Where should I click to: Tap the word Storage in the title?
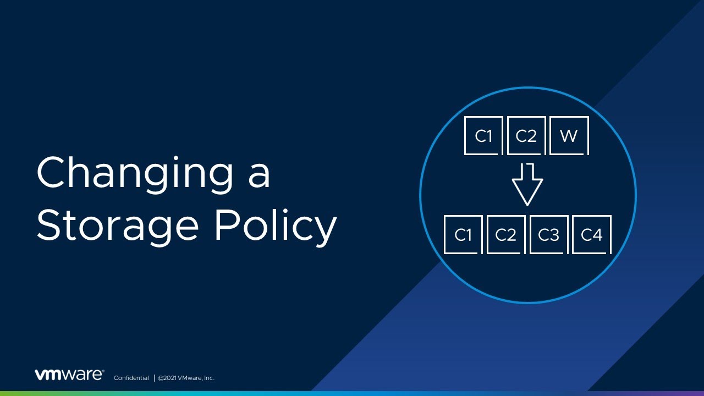pyautogui.click(x=117, y=226)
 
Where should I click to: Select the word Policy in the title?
pyautogui.click(x=275, y=226)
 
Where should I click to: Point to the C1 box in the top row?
pyautogui.click(x=483, y=136)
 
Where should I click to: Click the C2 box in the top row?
pyautogui.click(x=526, y=136)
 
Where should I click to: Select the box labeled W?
pyautogui.click(x=569, y=136)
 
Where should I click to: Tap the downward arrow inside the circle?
pyautogui.click(x=527, y=184)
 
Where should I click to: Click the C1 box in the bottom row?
pyautogui.click(x=463, y=235)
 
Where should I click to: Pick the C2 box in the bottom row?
pyautogui.click(x=506, y=235)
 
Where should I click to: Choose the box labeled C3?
pyautogui.click(x=548, y=235)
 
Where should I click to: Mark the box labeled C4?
pyautogui.click(x=591, y=235)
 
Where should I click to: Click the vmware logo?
pyautogui.click(x=69, y=375)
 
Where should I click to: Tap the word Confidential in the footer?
pyautogui.click(x=131, y=378)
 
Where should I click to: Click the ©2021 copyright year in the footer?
pyautogui.click(x=168, y=378)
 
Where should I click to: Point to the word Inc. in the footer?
pyautogui.click(x=208, y=378)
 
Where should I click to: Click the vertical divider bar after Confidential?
pyautogui.click(x=154, y=378)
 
